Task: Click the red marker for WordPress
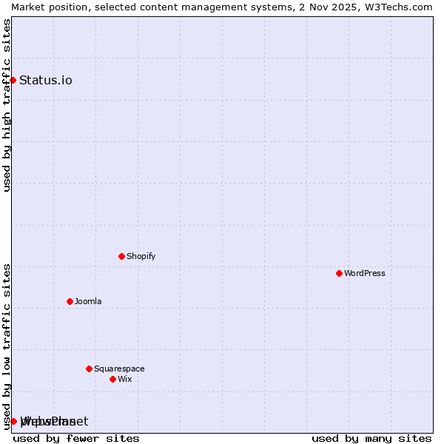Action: pyautogui.click(x=339, y=273)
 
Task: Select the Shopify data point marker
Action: pyautogui.click(x=121, y=256)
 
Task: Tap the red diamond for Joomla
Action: pyautogui.click(x=70, y=301)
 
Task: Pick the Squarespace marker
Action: pyautogui.click(x=89, y=369)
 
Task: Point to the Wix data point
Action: pyautogui.click(x=112, y=379)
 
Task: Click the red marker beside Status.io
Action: pyautogui.click(x=13, y=80)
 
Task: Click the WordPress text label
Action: pyautogui.click(x=365, y=273)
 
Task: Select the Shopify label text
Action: pyautogui.click(x=141, y=256)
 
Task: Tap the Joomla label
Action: pyautogui.click(x=88, y=301)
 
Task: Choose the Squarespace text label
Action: pyautogui.click(x=119, y=369)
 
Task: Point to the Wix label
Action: pyautogui.click(x=124, y=379)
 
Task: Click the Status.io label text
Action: pyautogui.click(x=46, y=80)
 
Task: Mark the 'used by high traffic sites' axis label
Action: pyautogui.click(x=7, y=105)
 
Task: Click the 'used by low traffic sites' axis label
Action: pyautogui.click(x=7, y=346)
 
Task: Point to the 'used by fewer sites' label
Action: pyautogui.click(x=76, y=438)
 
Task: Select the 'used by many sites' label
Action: pyautogui.click(x=371, y=438)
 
